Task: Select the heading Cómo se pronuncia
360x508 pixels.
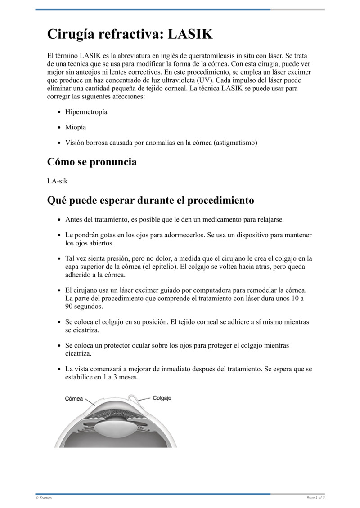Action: pyautogui.click(x=92, y=162)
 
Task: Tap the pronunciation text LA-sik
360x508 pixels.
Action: pyautogui.click(x=58, y=181)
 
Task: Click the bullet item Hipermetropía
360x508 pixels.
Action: pyautogui.click(x=86, y=112)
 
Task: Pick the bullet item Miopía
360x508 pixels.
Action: pyautogui.click(x=76, y=127)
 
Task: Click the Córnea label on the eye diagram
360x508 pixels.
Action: pyautogui.click(x=74, y=398)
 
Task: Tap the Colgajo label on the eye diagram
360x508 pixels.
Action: pyautogui.click(x=162, y=398)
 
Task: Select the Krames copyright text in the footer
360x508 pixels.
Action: pyautogui.click(x=44, y=498)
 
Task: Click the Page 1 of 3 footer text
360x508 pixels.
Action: pyautogui.click(x=315, y=498)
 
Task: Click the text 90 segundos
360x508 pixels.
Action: pyautogui.click(x=84, y=307)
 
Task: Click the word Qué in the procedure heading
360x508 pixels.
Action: pyautogui.click(x=58, y=201)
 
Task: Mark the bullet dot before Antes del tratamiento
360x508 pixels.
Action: pyautogui.click(x=59, y=220)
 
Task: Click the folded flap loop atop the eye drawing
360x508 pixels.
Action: pyautogui.click(x=133, y=398)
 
